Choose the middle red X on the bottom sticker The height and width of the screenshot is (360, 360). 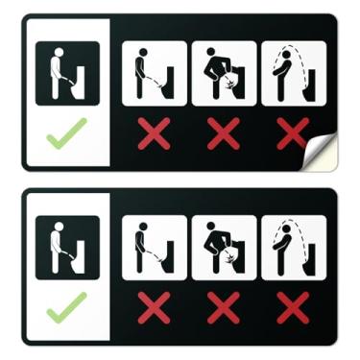point(223,308)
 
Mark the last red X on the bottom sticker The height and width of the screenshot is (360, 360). point(291,308)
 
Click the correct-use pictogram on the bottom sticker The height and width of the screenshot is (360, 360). point(67,248)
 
